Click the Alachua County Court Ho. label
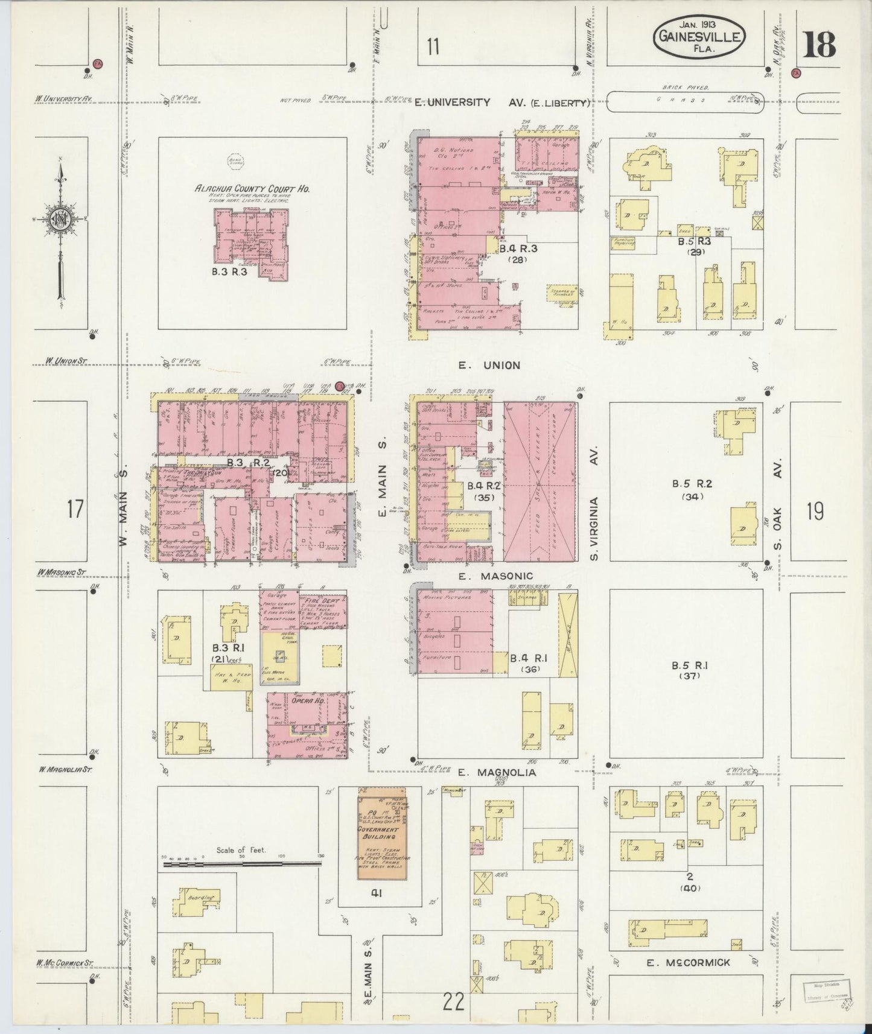pos(252,189)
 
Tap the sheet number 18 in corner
pos(819,43)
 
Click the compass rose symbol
pos(60,218)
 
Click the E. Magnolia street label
pos(497,772)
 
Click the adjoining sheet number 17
pos(75,509)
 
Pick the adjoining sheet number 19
pos(815,511)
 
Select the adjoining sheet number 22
pos(454,1002)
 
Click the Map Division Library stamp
pos(826,992)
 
